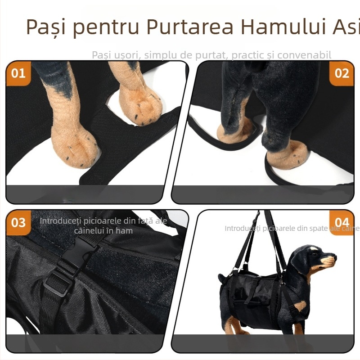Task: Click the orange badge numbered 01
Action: click(x=18, y=73)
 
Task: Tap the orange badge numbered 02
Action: click(x=342, y=73)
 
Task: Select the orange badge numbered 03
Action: click(x=18, y=222)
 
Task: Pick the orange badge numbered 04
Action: click(x=342, y=222)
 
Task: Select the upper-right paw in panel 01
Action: click(x=142, y=106)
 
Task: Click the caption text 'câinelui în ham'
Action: click(x=103, y=231)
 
